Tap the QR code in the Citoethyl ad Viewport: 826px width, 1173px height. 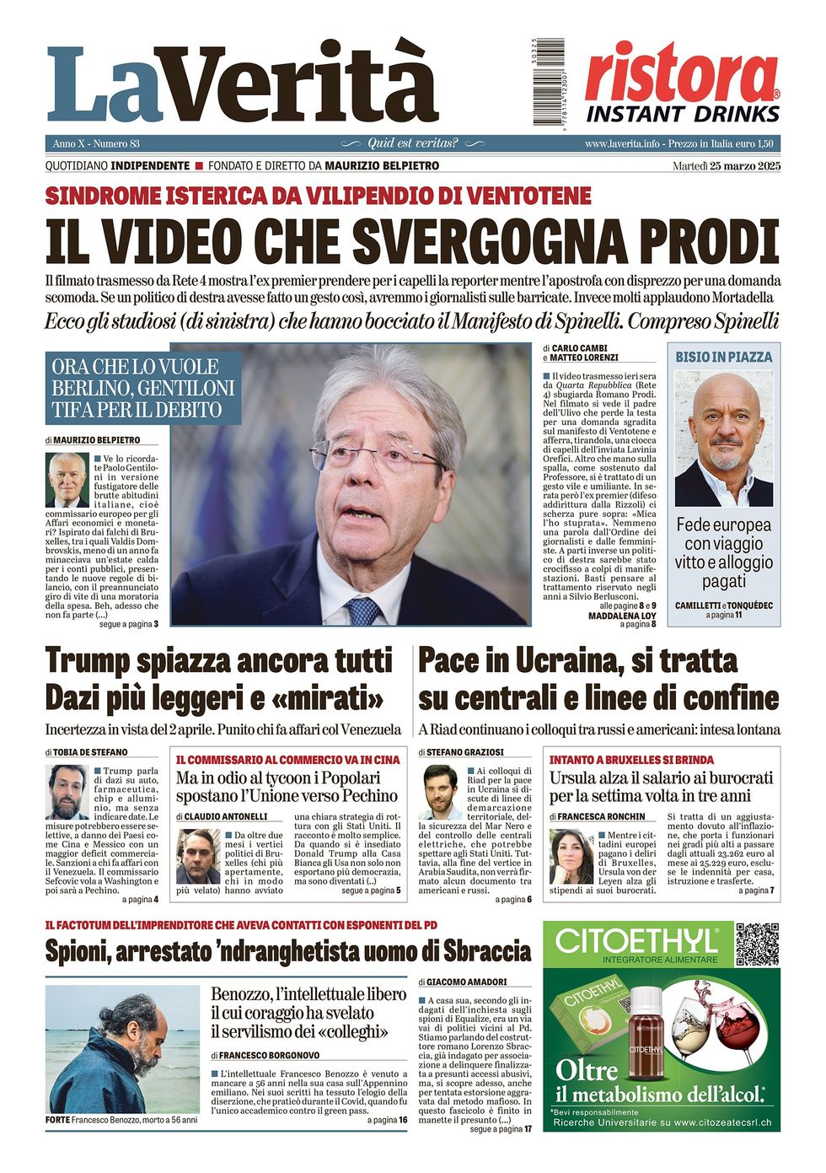(756, 944)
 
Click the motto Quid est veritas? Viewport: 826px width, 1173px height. (413, 143)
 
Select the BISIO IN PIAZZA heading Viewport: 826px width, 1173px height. (723, 357)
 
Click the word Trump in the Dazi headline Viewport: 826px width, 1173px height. (87, 660)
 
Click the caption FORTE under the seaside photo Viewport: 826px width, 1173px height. (57, 1120)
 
